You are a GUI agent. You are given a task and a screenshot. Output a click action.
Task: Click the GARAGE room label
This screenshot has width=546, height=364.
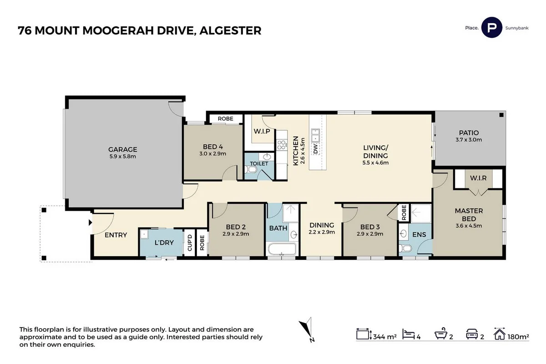[122, 149]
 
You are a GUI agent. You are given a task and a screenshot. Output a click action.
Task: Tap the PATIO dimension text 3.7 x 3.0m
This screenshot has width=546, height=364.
[469, 140]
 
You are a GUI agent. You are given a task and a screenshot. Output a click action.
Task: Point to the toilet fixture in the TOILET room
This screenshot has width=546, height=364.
[250, 170]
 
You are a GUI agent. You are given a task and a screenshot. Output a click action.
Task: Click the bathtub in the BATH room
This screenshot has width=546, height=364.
[282, 249]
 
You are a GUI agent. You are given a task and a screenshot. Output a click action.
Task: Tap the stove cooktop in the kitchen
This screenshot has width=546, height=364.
[281, 145]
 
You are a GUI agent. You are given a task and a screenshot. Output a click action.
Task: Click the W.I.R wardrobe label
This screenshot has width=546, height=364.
[479, 178]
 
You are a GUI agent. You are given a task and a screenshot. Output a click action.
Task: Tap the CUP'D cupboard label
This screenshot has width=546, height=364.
[189, 243]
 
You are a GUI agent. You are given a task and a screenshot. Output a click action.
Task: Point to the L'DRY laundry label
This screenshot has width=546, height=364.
[164, 243]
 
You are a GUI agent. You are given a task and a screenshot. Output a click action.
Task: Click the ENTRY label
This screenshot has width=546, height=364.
[116, 235]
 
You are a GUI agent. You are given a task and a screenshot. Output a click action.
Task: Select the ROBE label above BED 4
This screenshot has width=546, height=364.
[225, 119]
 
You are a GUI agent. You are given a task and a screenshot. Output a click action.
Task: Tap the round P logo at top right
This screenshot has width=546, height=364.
[491, 28]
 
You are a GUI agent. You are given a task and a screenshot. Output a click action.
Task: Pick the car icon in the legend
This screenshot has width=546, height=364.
[471, 336]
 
